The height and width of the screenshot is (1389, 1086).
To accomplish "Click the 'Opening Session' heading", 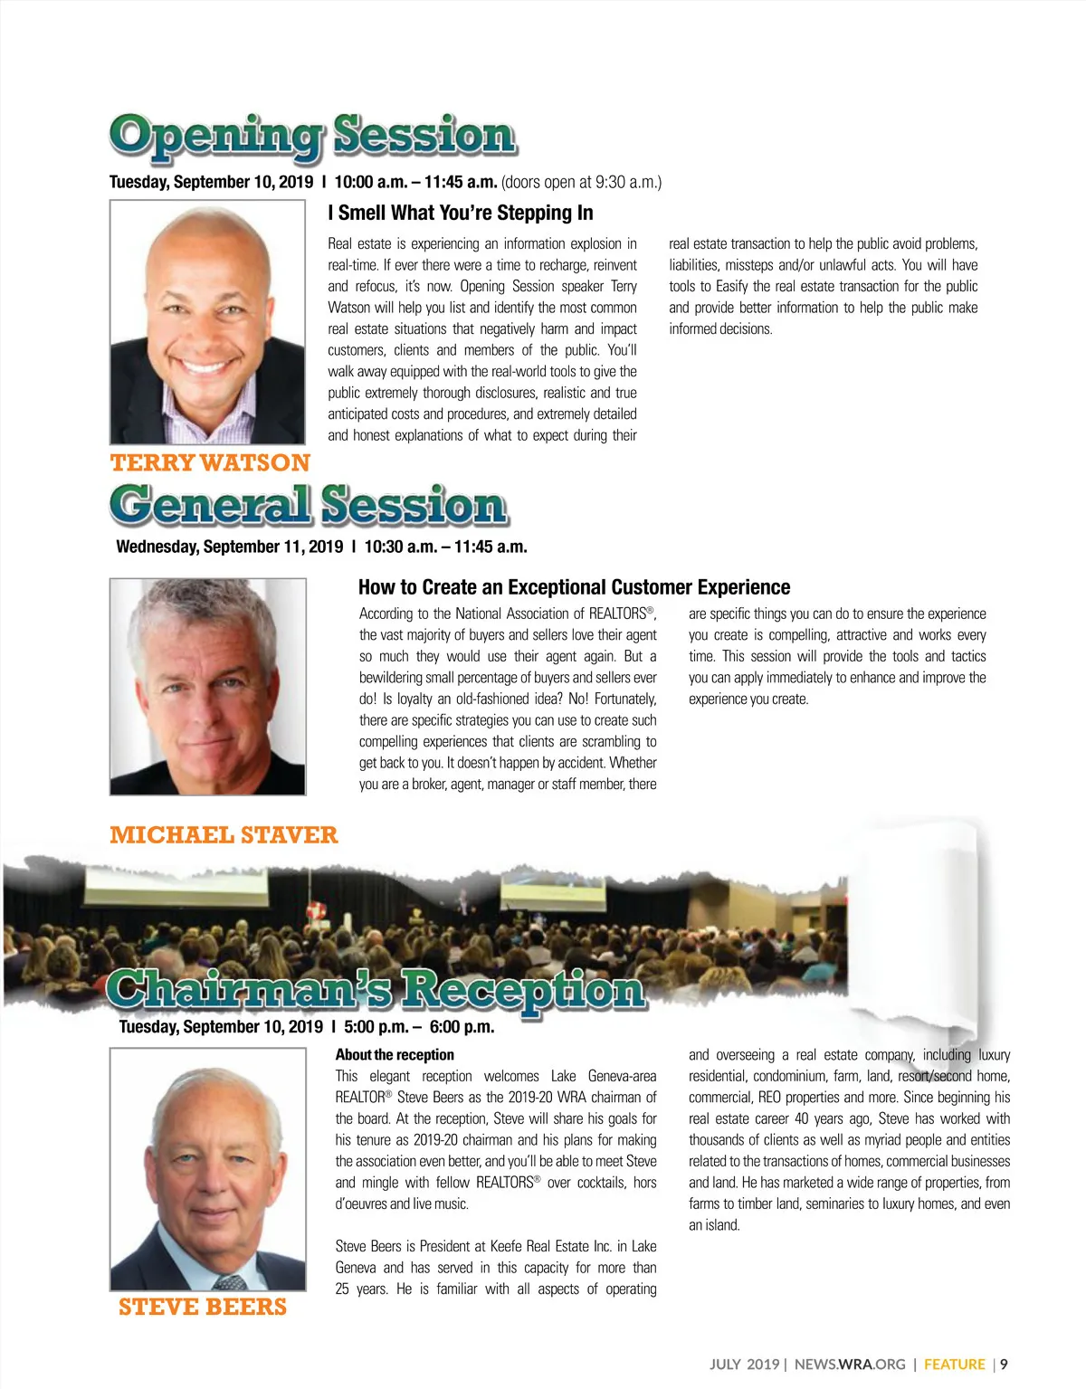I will [313, 136].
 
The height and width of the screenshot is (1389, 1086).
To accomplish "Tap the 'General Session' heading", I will [309, 505].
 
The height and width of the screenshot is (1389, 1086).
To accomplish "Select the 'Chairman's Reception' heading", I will [376, 989].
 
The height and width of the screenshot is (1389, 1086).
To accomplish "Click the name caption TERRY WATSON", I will [210, 462].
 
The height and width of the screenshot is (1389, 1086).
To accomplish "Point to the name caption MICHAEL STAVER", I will [224, 834].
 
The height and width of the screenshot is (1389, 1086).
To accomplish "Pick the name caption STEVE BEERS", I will [203, 1307].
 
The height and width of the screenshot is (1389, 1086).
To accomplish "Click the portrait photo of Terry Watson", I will [207, 321].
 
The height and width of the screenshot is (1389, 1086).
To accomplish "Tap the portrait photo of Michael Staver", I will [207, 687].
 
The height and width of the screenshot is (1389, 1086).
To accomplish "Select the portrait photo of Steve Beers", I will [207, 1168].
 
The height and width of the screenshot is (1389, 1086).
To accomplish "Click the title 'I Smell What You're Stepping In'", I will [461, 213].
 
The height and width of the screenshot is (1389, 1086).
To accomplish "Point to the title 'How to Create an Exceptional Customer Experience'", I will [574, 587].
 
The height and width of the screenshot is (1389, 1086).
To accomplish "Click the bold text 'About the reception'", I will [395, 1054].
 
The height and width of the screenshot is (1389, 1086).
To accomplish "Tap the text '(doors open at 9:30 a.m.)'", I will [581, 182].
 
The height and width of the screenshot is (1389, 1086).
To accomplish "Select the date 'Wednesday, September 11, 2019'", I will [230, 547].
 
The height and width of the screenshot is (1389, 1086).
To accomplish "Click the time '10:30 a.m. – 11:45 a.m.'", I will [445, 547].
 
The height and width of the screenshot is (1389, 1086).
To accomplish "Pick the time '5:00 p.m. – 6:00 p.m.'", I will [419, 1026].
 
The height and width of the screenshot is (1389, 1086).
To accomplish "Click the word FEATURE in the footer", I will [954, 1364].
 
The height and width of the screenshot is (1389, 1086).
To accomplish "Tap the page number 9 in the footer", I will [1004, 1364].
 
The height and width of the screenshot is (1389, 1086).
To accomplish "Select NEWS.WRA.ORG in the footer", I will [850, 1364].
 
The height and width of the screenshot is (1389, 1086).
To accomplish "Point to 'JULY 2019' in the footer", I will [744, 1364].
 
